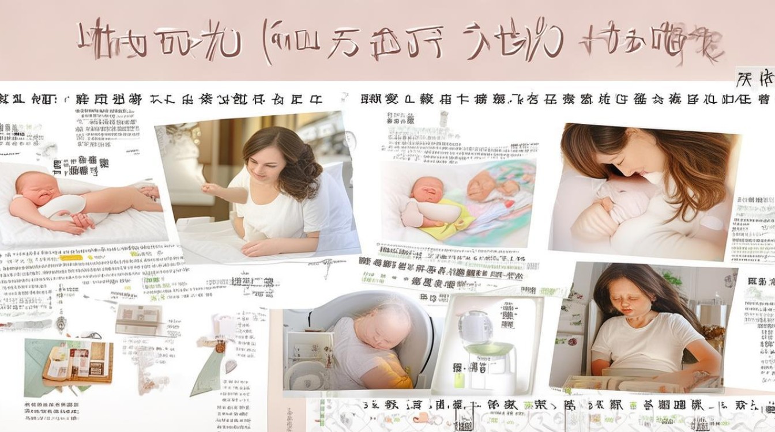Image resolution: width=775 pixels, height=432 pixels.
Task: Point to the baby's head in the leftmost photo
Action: click(32, 187)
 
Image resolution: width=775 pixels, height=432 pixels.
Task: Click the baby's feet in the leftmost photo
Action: click(152, 192)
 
